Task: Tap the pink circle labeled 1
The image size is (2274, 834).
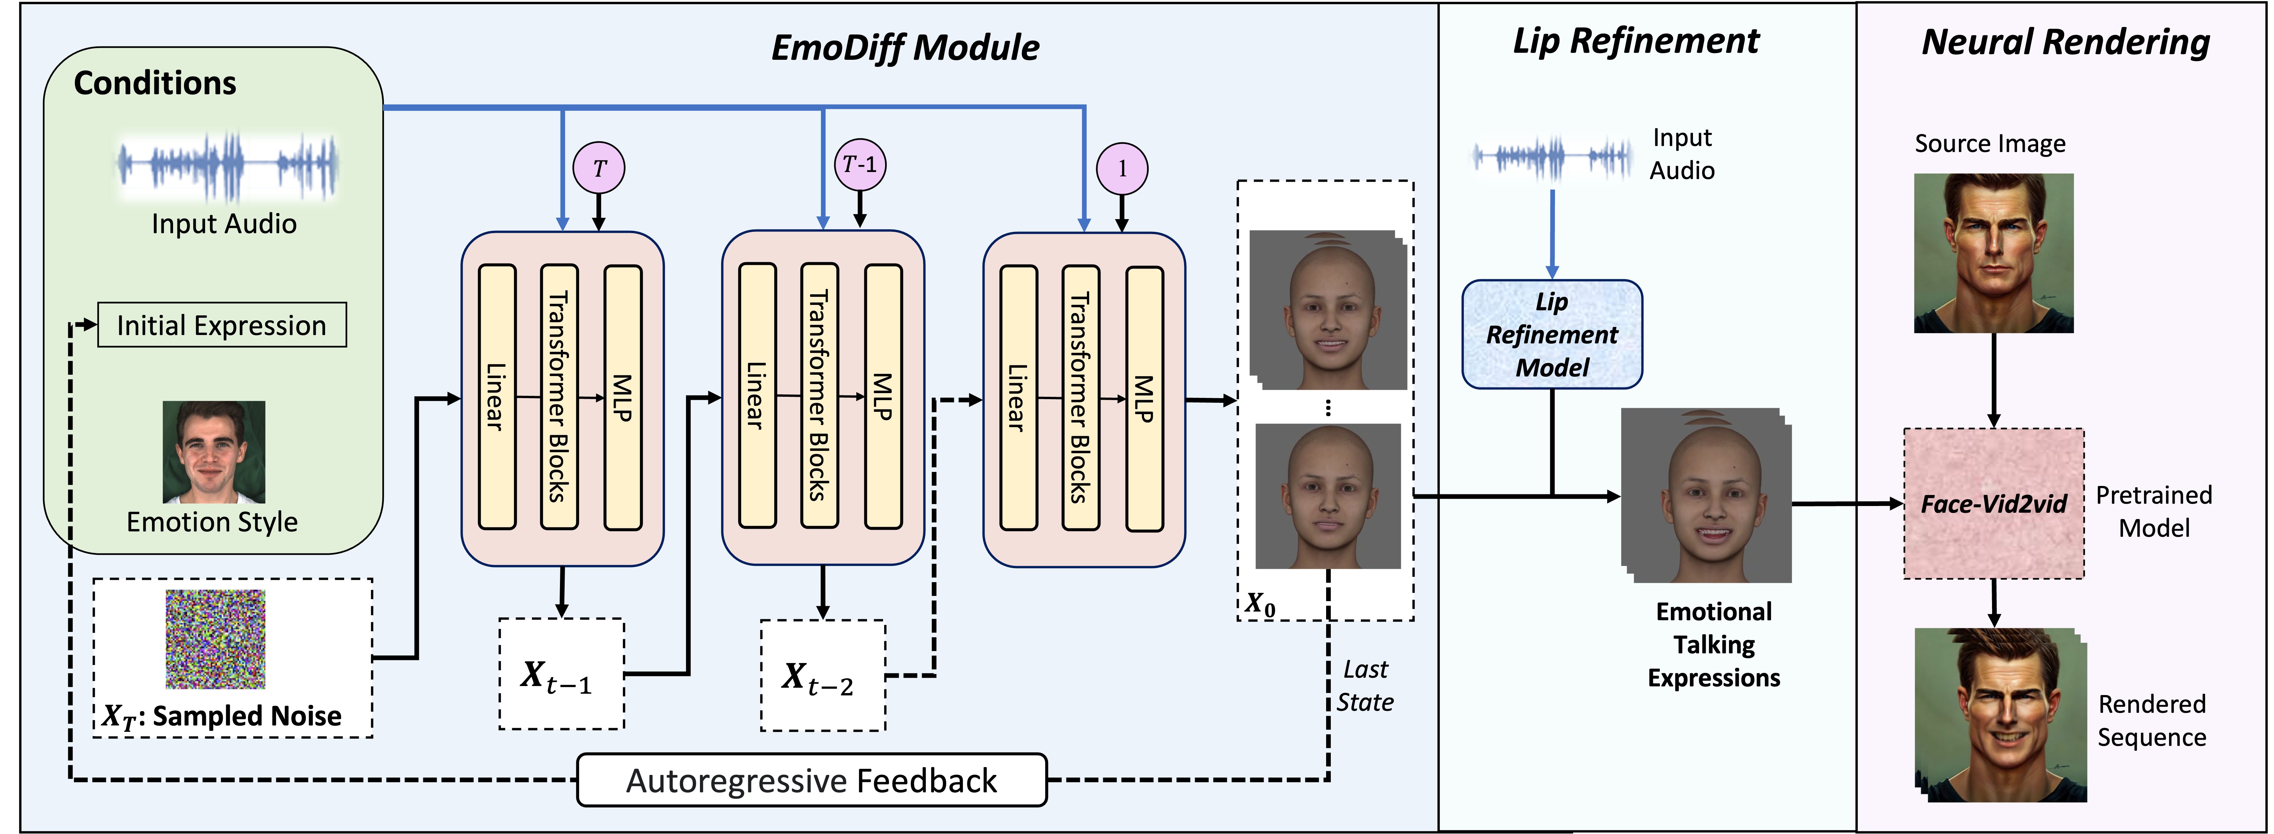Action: click(x=1122, y=169)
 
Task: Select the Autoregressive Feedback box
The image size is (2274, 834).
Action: click(x=811, y=780)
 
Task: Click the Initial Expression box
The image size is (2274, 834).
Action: click(x=222, y=326)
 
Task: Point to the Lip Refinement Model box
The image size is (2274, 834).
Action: click(x=1552, y=334)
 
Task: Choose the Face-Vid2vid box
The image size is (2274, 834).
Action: click(x=1993, y=504)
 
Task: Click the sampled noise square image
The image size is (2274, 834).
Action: click(x=216, y=639)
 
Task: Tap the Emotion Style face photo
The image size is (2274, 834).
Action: click(x=214, y=452)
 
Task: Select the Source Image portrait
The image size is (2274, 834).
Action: click(x=1993, y=253)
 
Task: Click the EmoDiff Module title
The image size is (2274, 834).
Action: click(x=905, y=48)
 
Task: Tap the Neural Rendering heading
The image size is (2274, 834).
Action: click(x=2066, y=42)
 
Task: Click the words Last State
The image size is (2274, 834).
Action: click(x=1365, y=686)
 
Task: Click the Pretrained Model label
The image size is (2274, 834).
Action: click(x=2154, y=511)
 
